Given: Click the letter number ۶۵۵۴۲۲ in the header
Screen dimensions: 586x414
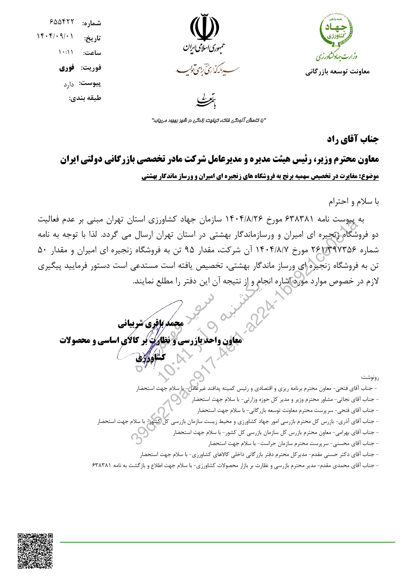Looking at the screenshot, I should tap(62, 22).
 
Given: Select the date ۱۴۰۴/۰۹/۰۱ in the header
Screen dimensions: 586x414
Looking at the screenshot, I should tap(55, 36).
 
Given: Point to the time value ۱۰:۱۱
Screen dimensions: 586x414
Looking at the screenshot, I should tap(66, 52).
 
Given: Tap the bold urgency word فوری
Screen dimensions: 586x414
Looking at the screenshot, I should tap(67, 68).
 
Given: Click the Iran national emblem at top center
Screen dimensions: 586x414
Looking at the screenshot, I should tap(204, 28).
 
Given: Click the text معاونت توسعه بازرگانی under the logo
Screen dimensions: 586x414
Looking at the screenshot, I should tap(337, 72).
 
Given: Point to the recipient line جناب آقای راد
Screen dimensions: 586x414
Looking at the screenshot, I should tap(353, 139).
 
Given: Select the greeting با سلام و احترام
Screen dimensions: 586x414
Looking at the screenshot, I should tap(354, 202).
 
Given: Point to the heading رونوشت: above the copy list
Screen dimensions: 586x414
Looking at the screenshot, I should tap(370, 378).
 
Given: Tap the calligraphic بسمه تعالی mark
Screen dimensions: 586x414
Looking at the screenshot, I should tap(206, 100).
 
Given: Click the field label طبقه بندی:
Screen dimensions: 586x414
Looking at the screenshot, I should tap(85, 98).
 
